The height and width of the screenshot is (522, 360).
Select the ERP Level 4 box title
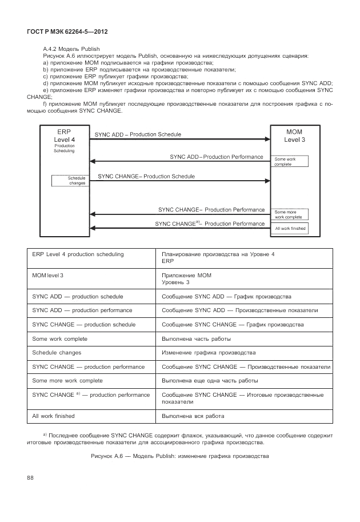pyautogui.click(x=64, y=136)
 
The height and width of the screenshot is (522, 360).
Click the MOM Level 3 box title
pyautogui.click(x=294, y=136)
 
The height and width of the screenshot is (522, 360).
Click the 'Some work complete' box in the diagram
pyautogui.click(x=290, y=161)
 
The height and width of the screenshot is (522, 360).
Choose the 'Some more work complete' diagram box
pyautogui.click(x=290, y=214)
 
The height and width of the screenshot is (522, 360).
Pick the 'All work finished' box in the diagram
pyautogui.click(x=290, y=228)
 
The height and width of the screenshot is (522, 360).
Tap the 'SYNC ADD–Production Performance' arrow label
pyautogui.click(x=216, y=156)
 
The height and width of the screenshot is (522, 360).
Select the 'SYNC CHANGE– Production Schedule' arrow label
pyautogui.click(x=146, y=177)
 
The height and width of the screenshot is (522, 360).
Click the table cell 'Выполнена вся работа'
pyautogui.click(x=193, y=416)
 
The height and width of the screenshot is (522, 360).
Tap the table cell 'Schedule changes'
pyautogui.click(x=57, y=353)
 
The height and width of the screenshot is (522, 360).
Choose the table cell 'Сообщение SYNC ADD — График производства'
pyautogui.click(x=226, y=297)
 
